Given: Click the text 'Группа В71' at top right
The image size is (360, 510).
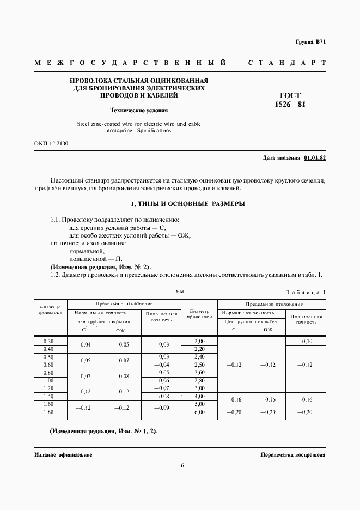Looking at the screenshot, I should [x=310, y=42].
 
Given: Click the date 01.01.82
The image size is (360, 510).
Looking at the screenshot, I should [x=314, y=157].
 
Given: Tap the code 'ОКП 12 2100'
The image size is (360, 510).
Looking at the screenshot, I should [x=51, y=143].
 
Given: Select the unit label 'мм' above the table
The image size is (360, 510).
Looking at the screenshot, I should [x=180, y=292].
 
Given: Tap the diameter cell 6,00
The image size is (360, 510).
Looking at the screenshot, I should [x=199, y=412].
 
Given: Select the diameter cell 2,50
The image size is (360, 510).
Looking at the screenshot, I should [x=199, y=365].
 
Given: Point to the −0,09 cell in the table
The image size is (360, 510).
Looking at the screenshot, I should [x=162, y=408].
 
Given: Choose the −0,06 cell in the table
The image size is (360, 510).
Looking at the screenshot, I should [x=162, y=380].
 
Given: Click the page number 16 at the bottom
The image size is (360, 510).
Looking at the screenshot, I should [x=180, y=465].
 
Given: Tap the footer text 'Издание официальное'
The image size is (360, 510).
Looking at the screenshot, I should [x=63, y=454].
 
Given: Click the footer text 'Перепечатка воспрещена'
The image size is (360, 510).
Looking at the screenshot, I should [x=293, y=454].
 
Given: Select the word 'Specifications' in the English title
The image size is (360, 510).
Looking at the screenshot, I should [x=154, y=131].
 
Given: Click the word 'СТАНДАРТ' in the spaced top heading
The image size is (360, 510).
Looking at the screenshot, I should [x=287, y=63].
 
